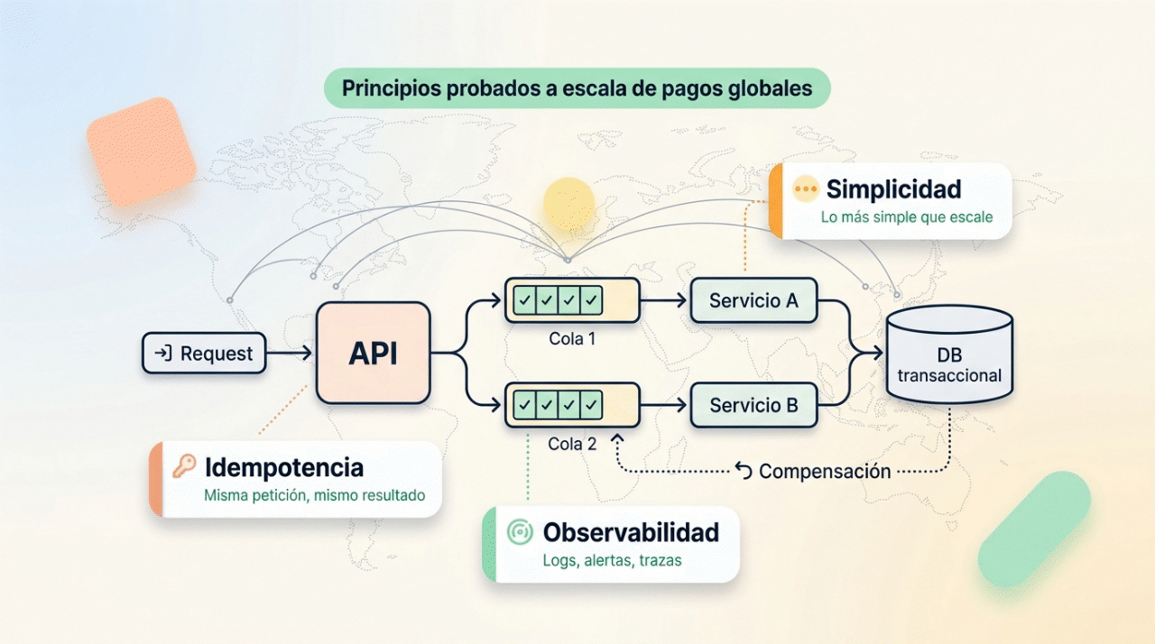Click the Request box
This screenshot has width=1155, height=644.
[x=204, y=353]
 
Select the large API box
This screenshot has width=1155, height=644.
[x=374, y=353]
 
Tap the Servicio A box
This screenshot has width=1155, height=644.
[x=753, y=300]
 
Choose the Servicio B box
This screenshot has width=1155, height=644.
[x=753, y=405]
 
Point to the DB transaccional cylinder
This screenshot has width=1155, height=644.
[x=949, y=354]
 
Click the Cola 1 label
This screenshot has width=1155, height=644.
[x=572, y=338]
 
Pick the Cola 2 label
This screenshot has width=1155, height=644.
[x=572, y=444]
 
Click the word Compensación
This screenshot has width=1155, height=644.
[x=825, y=472]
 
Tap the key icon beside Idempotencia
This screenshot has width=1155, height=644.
[x=184, y=466]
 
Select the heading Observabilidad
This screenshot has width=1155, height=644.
[x=631, y=532]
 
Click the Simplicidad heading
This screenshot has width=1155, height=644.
[x=893, y=189]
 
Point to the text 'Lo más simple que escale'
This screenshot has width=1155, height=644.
[x=907, y=216]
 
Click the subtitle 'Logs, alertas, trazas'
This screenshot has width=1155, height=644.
[x=612, y=560]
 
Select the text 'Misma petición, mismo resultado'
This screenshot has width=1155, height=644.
[x=315, y=495]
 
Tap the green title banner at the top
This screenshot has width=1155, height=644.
[x=577, y=88]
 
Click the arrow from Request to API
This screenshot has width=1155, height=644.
[x=289, y=353]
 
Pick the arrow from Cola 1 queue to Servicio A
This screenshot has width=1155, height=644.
[x=663, y=300]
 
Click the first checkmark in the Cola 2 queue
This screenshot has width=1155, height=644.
[x=525, y=405]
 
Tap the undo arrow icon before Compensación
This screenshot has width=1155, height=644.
[x=743, y=471]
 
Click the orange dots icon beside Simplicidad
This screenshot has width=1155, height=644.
[x=806, y=189]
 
